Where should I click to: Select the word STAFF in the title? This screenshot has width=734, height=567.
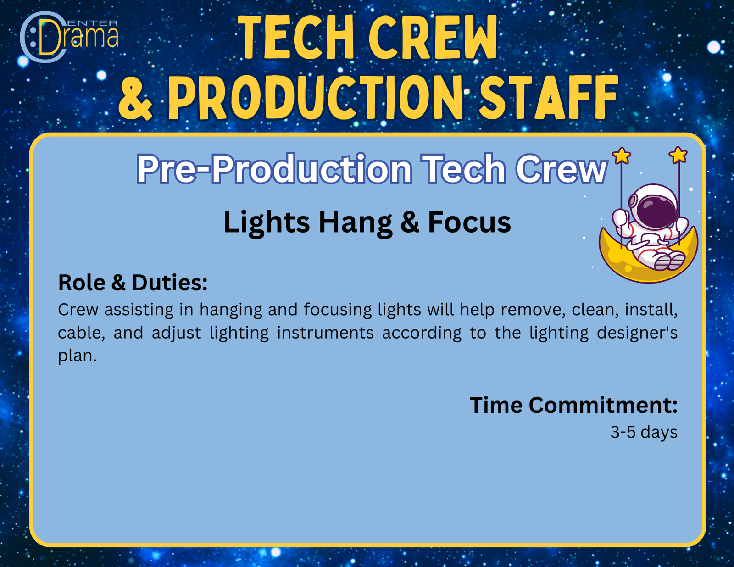[548, 97]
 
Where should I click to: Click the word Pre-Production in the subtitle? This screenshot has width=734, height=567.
[274, 169]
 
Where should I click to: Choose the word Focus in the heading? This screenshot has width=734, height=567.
[469, 222]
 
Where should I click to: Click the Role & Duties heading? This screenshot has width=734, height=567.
[133, 282]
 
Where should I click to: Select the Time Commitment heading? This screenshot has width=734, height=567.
[573, 405]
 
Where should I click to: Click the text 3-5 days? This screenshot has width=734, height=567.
[644, 433]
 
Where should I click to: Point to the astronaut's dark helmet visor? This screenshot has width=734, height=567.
[656, 209]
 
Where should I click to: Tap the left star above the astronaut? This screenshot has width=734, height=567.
[622, 156]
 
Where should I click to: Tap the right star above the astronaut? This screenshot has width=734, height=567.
[678, 155]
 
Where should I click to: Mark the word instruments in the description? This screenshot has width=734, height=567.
[325, 333]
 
